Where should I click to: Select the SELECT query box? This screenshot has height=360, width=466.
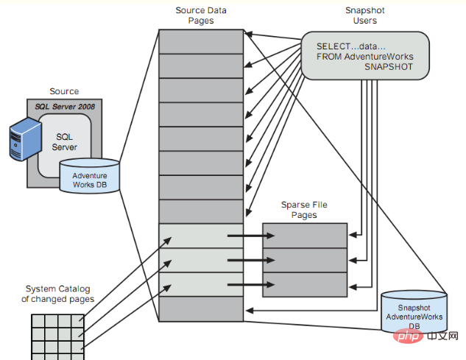click(x=365, y=56)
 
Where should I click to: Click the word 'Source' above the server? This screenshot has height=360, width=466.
click(x=64, y=91)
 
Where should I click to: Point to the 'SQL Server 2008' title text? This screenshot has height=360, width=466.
click(x=65, y=107)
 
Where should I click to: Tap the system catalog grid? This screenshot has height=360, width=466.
click(x=56, y=336)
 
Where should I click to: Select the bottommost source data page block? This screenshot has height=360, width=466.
click(x=201, y=308)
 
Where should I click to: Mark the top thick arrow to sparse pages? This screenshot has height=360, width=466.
click(x=250, y=236)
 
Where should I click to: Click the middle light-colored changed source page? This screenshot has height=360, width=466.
click(x=201, y=260)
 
